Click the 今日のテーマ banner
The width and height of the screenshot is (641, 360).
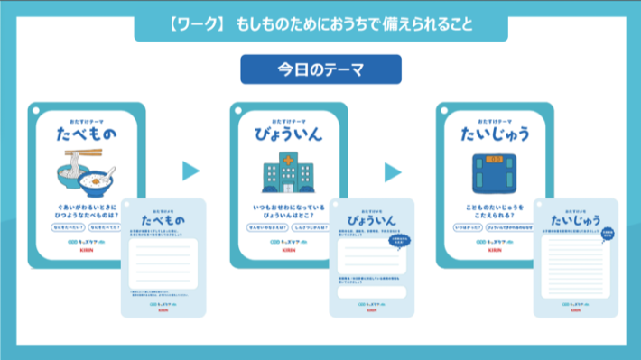pos(320,69)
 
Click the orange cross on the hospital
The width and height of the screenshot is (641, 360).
pos(284,157)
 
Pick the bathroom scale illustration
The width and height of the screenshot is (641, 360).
pos(490,172)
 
